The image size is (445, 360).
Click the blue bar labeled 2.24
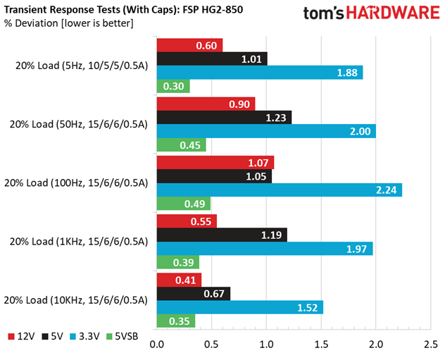pyautogui.click(x=279, y=190)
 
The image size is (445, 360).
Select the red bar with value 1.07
pyautogui.click(x=215, y=163)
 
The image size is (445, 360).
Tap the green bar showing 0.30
pyautogui.click(x=173, y=86)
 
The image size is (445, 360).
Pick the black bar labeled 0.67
pyautogui.click(x=193, y=293)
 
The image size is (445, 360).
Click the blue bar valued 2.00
pyautogui.click(x=265, y=131)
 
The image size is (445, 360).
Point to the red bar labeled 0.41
pyautogui.click(x=179, y=280)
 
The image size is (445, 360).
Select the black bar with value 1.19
pyautogui.click(x=221, y=235)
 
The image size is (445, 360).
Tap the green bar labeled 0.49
pyautogui.click(x=183, y=203)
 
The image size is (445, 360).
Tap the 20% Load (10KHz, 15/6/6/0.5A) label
pyautogui.click(x=75, y=300)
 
